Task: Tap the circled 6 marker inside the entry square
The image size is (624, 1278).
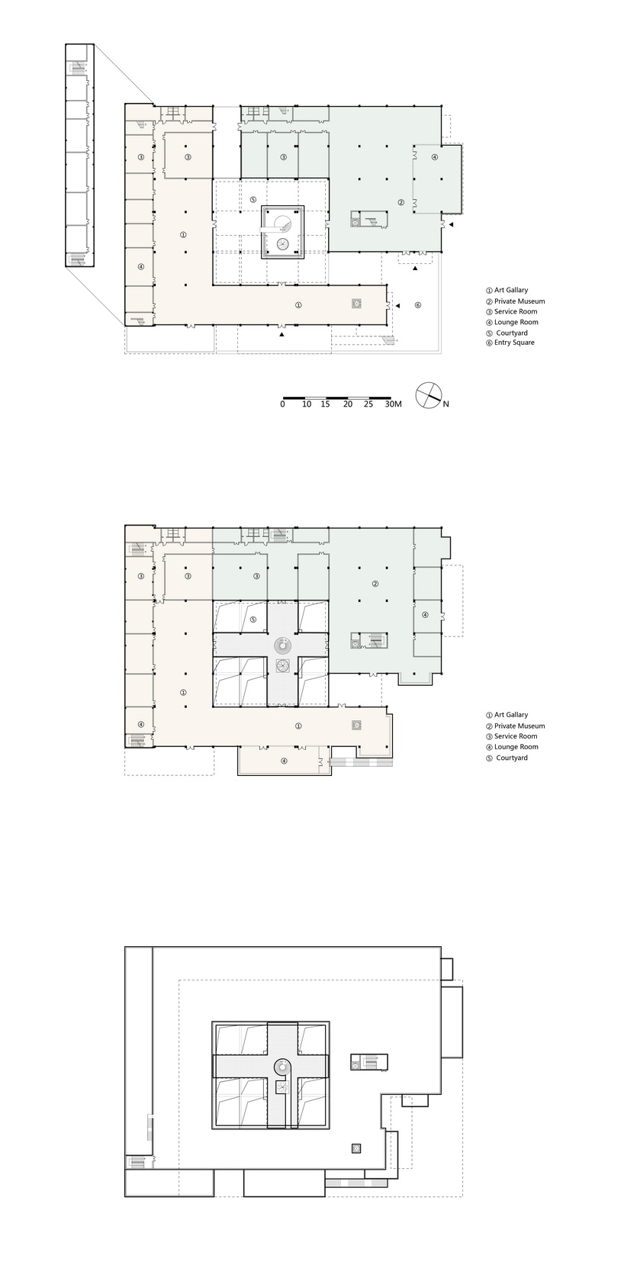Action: pos(417,305)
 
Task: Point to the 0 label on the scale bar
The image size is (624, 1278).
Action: pos(283,404)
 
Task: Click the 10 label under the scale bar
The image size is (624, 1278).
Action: pos(307,404)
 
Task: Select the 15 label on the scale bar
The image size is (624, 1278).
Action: pos(325,404)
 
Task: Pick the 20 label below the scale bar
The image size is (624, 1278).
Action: pos(348,404)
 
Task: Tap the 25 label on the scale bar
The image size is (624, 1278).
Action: pos(368,404)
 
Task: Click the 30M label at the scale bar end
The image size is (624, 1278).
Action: pos(393,404)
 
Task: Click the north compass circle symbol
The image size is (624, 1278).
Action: pos(429,394)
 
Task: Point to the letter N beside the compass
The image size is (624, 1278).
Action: pos(446,404)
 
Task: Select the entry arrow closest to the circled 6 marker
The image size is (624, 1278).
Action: pos(398,307)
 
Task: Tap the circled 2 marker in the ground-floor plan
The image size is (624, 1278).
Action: pos(401,202)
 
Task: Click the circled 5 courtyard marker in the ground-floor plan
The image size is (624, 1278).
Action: pos(253,200)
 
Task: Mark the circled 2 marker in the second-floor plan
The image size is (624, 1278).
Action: pos(375,584)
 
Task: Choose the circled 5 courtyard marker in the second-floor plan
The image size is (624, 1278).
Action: pos(253,620)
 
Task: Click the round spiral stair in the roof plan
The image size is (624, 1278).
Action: pos(282,1066)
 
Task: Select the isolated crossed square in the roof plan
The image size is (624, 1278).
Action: pos(356,1148)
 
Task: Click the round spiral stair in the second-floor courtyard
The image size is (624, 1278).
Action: pos(282,645)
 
